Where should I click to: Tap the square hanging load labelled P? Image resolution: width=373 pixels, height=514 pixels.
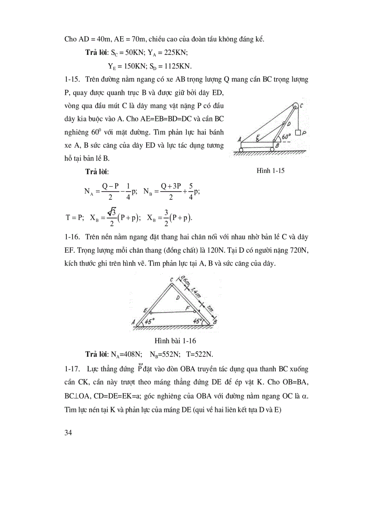coord(298,133)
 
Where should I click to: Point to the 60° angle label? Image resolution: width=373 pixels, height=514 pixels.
coord(287,136)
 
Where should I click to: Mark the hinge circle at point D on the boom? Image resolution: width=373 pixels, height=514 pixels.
coord(284,124)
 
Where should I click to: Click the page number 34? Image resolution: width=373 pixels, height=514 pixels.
coord(69,432)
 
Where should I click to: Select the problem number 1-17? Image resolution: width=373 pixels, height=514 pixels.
coord(73,368)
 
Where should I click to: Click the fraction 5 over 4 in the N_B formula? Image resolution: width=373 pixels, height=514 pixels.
coord(188,192)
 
